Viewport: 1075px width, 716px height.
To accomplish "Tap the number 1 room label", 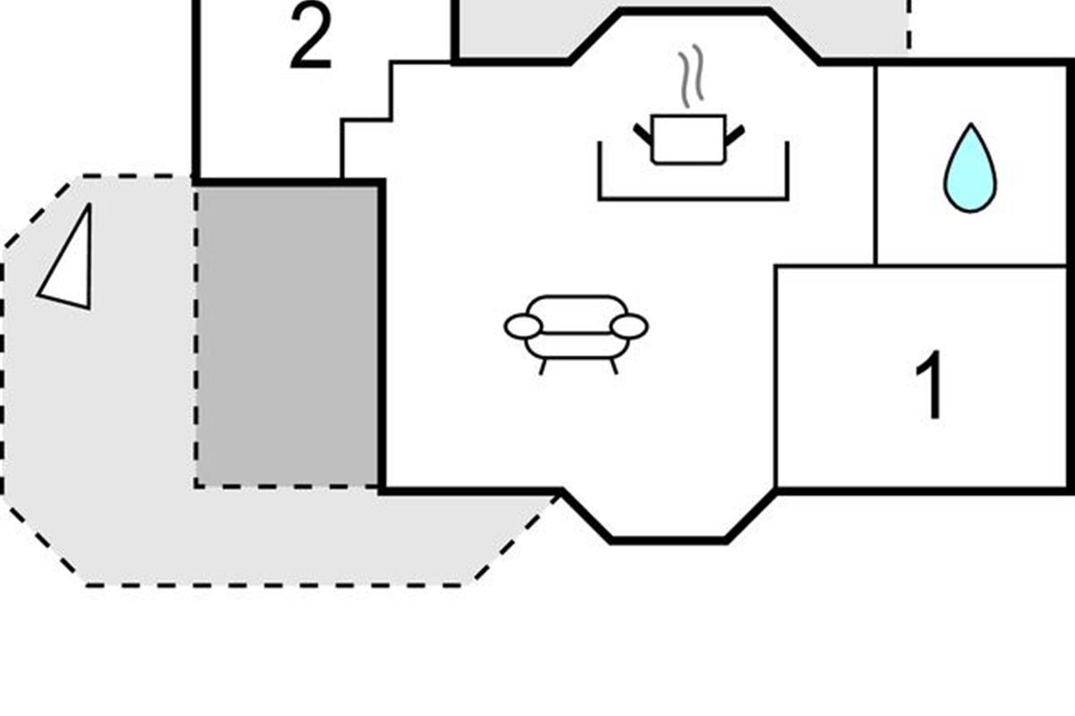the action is click(930, 386).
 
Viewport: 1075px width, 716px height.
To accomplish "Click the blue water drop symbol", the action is click(970, 168).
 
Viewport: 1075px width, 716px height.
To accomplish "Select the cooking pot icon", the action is click(689, 140).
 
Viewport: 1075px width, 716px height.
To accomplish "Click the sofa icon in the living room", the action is click(576, 335).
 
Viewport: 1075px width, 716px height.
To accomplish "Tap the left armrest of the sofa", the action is click(522, 327).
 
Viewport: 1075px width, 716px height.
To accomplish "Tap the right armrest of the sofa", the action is click(630, 327).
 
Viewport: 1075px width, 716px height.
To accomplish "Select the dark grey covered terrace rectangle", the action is click(287, 337).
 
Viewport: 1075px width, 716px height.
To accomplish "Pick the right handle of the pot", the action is click(735, 135).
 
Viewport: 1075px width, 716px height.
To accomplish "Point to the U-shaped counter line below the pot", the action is click(693, 198).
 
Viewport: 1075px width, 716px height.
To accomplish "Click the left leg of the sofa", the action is click(543, 367).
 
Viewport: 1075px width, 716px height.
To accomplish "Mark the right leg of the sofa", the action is click(614, 367).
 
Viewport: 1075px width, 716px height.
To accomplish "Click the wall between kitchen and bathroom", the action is click(876, 165).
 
